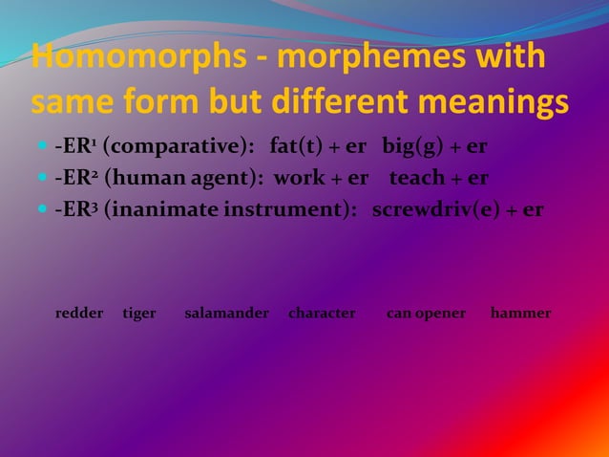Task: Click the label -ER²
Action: point(75,178)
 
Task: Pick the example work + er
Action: point(322,178)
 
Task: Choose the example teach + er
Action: point(440,178)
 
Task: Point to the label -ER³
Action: point(75,208)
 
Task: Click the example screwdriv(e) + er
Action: point(458,208)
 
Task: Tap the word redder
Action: point(79,313)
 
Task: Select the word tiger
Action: point(139,313)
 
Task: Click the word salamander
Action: point(226,313)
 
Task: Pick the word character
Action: point(322,313)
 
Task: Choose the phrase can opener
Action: point(426,313)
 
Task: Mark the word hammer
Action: point(520,313)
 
